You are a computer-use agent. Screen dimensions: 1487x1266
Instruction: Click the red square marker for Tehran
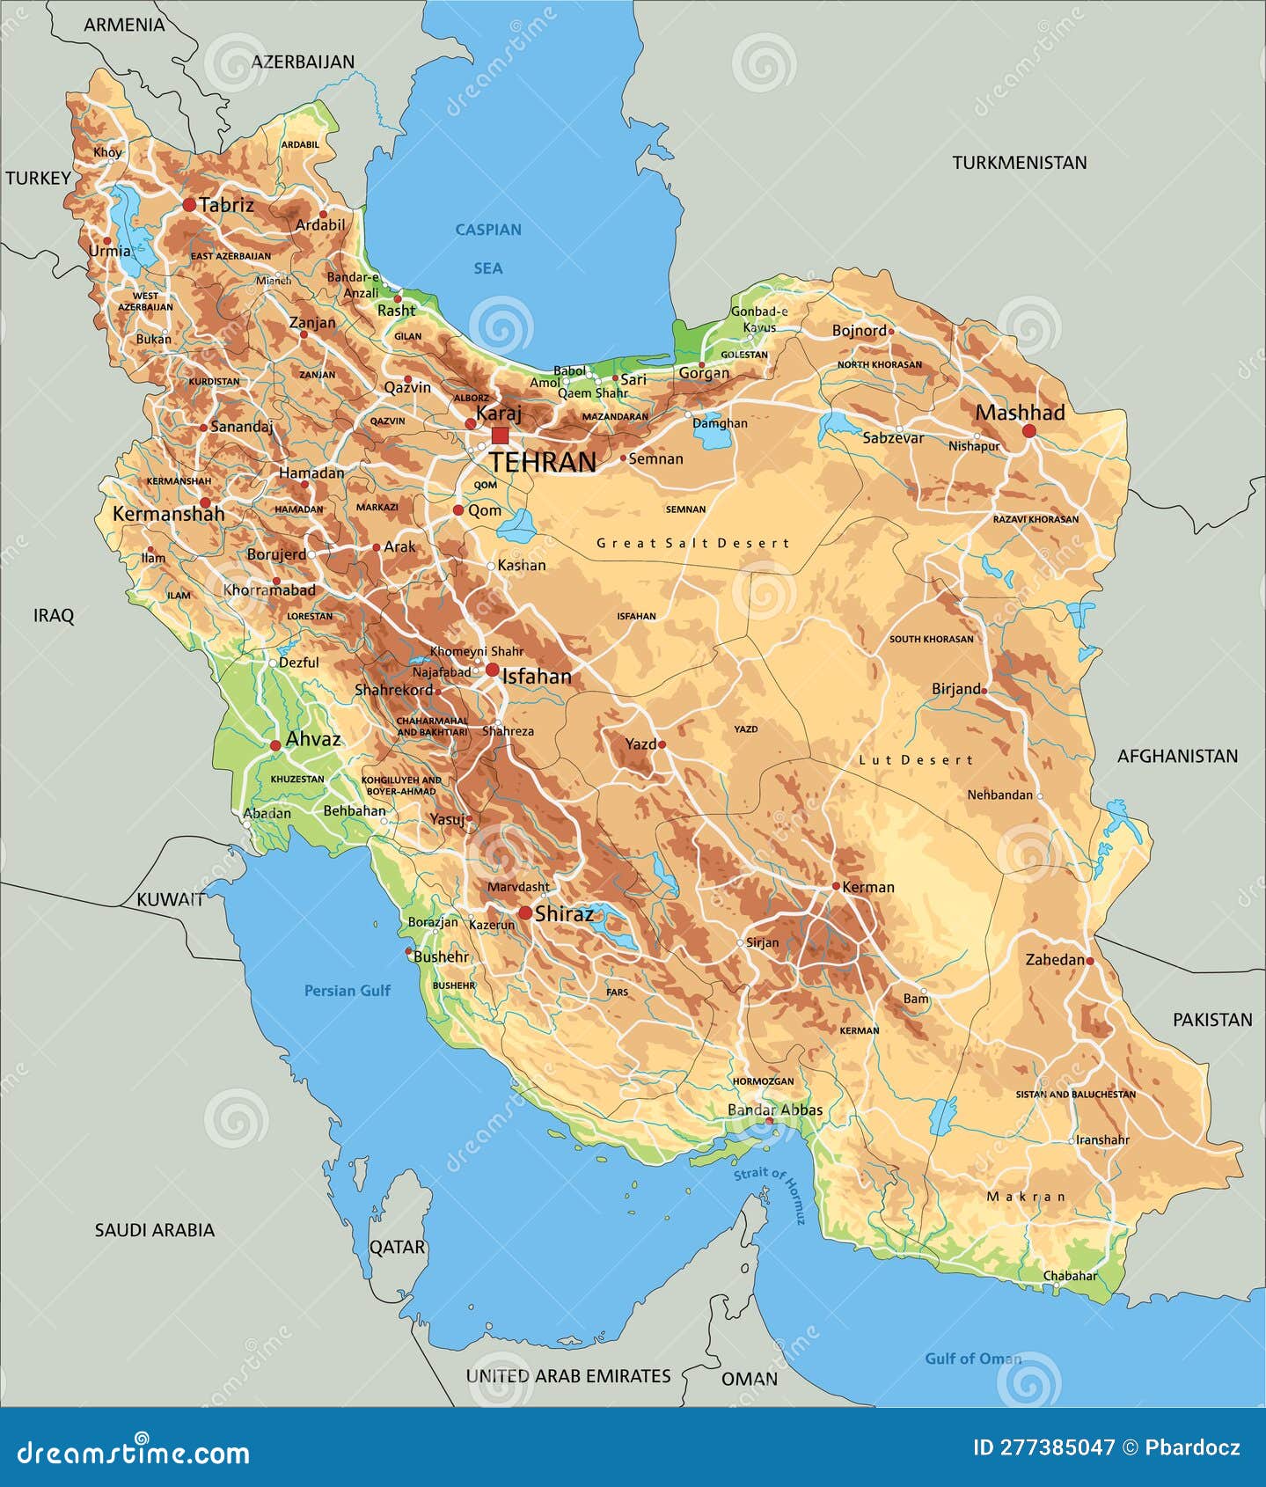pyautogui.click(x=500, y=436)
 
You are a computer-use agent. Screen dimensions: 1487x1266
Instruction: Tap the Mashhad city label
pyautogui.click(x=1020, y=413)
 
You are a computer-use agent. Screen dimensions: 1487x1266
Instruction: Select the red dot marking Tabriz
pyautogui.click(x=189, y=205)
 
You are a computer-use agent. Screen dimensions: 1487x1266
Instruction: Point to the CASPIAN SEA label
pyautogui.click(x=488, y=248)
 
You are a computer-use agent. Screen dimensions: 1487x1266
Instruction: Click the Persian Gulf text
pyautogui.click(x=347, y=991)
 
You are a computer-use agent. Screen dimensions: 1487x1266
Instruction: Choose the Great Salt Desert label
pyautogui.click(x=693, y=543)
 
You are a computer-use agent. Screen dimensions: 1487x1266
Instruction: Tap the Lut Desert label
pyautogui.click(x=916, y=759)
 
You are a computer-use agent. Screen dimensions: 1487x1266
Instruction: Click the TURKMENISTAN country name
pyautogui.click(x=1019, y=163)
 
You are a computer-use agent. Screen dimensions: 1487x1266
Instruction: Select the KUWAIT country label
pyautogui.click(x=170, y=899)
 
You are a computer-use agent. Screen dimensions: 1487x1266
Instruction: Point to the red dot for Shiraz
pyautogui.click(x=524, y=913)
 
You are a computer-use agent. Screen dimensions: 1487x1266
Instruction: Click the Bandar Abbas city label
pyautogui.click(x=775, y=1110)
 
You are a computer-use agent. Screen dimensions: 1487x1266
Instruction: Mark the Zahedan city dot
pyautogui.click(x=1090, y=961)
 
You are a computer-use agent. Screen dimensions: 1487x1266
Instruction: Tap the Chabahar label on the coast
pyautogui.click(x=1070, y=1275)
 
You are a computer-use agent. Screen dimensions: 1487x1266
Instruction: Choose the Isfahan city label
pyautogui.click(x=537, y=676)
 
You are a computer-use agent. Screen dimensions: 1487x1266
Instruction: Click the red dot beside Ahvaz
pyautogui.click(x=274, y=745)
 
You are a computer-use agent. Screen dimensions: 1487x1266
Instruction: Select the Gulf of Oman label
pyautogui.click(x=972, y=1359)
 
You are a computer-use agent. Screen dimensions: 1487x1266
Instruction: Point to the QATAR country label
pyautogui.click(x=397, y=1247)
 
